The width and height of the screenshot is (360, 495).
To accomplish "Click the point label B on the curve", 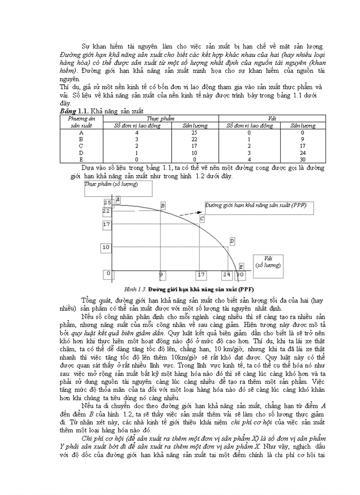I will click(x=163, y=205).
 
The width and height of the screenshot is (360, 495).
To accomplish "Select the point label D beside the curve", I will click(x=232, y=241).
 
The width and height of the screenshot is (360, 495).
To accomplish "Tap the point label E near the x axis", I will click(x=241, y=266).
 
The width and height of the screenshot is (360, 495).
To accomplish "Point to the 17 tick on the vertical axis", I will click(x=106, y=224).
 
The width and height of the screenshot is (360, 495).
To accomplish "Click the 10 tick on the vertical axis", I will click(x=106, y=247).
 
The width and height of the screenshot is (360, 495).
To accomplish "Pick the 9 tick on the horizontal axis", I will click(x=161, y=275).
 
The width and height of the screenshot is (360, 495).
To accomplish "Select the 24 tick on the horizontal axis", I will click(x=227, y=275).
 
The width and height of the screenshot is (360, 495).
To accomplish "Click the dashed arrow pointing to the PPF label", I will click(x=190, y=212).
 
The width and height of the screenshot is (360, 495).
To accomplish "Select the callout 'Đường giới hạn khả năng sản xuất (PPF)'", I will click(x=256, y=205).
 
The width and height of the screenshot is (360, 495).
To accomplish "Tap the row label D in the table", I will click(x=81, y=153).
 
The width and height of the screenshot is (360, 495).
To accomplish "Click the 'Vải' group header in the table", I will click(x=272, y=119).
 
